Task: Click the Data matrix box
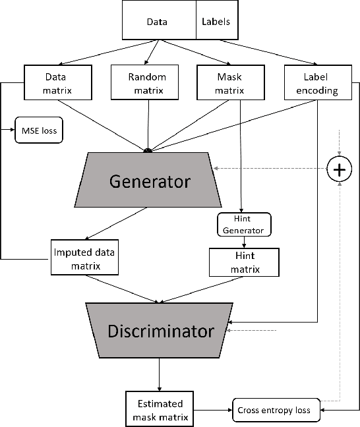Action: coord(51,83)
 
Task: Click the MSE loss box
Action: coord(39,130)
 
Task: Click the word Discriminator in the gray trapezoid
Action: coord(161,331)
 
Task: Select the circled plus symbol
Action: coord(339,170)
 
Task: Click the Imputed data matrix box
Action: coord(84,258)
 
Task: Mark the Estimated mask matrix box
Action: coord(159,409)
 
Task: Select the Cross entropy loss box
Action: coord(278,410)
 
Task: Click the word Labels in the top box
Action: coord(214,21)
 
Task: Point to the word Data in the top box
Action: coord(156,21)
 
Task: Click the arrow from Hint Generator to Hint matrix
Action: coord(244,242)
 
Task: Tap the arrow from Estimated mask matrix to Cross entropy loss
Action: coord(212,410)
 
